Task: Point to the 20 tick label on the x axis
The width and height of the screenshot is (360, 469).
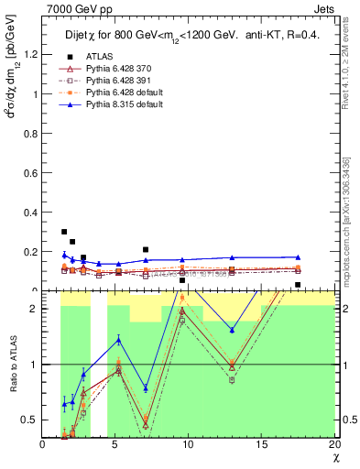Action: point(333,445)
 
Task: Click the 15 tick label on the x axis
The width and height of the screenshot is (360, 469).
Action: point(261,445)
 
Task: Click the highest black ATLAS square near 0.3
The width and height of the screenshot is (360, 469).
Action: point(64,232)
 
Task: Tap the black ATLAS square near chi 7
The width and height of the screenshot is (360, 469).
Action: point(146,249)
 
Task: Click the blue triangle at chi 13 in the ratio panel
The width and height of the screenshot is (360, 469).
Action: point(232,330)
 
